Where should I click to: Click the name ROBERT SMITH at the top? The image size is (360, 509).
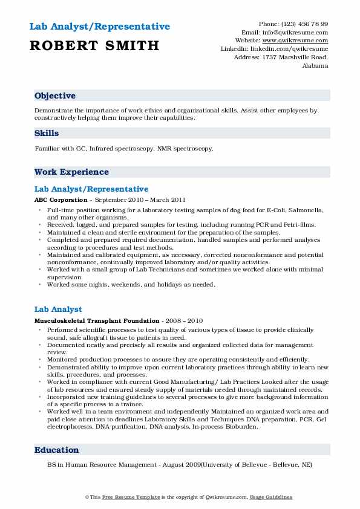tap(94, 45)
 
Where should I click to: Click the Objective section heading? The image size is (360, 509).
tap(55, 96)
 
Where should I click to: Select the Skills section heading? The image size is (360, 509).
tap(47, 132)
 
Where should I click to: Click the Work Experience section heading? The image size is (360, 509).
tap(71, 172)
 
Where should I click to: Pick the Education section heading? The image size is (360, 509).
tap(57, 450)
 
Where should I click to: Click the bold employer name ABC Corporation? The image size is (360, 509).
tap(61, 199)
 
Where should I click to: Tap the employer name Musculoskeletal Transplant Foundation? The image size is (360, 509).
tap(96, 320)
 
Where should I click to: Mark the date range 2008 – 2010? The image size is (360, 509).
tap(183, 320)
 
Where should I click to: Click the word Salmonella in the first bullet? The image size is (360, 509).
tap(307, 209)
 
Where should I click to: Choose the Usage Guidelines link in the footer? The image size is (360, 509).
tap(272, 497)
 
